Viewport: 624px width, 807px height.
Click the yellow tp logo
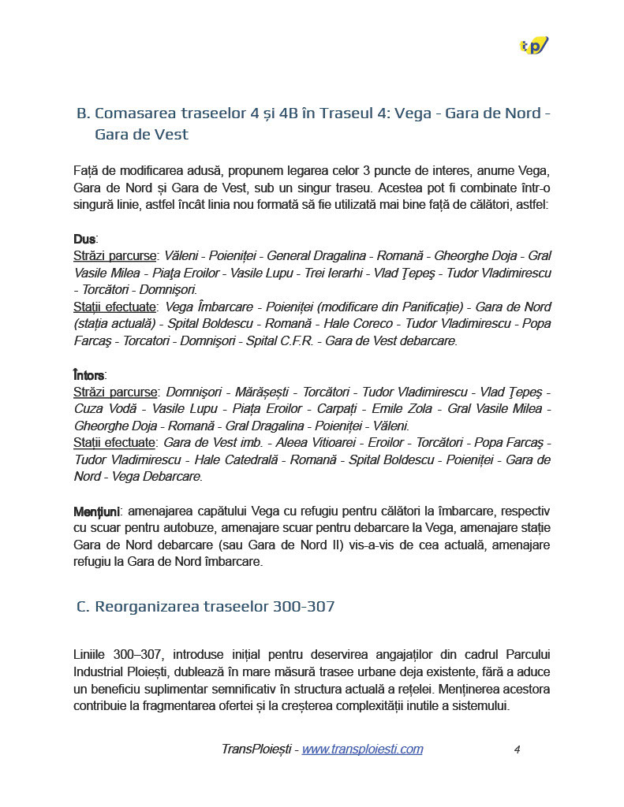click(533, 46)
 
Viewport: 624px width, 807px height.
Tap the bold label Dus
click(84, 239)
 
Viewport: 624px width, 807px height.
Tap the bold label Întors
click(89, 375)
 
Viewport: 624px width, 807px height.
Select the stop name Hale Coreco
click(364, 324)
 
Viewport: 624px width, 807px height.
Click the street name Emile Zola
click(405, 409)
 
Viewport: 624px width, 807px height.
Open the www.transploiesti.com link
click(362, 749)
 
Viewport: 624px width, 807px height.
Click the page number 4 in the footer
click(517, 749)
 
